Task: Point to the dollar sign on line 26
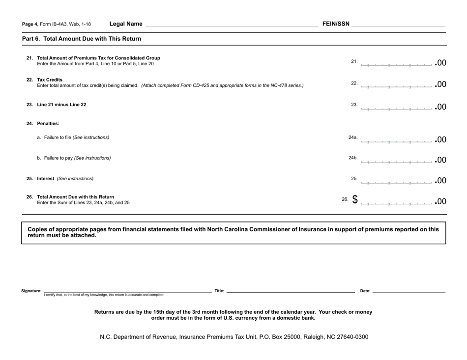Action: click(354, 200)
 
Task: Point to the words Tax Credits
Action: click(50, 80)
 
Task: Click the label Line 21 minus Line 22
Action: click(61, 105)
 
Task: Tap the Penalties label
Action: click(48, 124)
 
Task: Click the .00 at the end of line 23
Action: click(440, 107)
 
